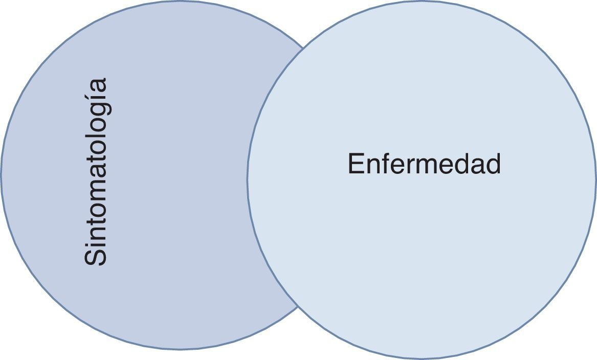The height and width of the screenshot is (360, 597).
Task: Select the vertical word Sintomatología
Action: pyautogui.click(x=96, y=172)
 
